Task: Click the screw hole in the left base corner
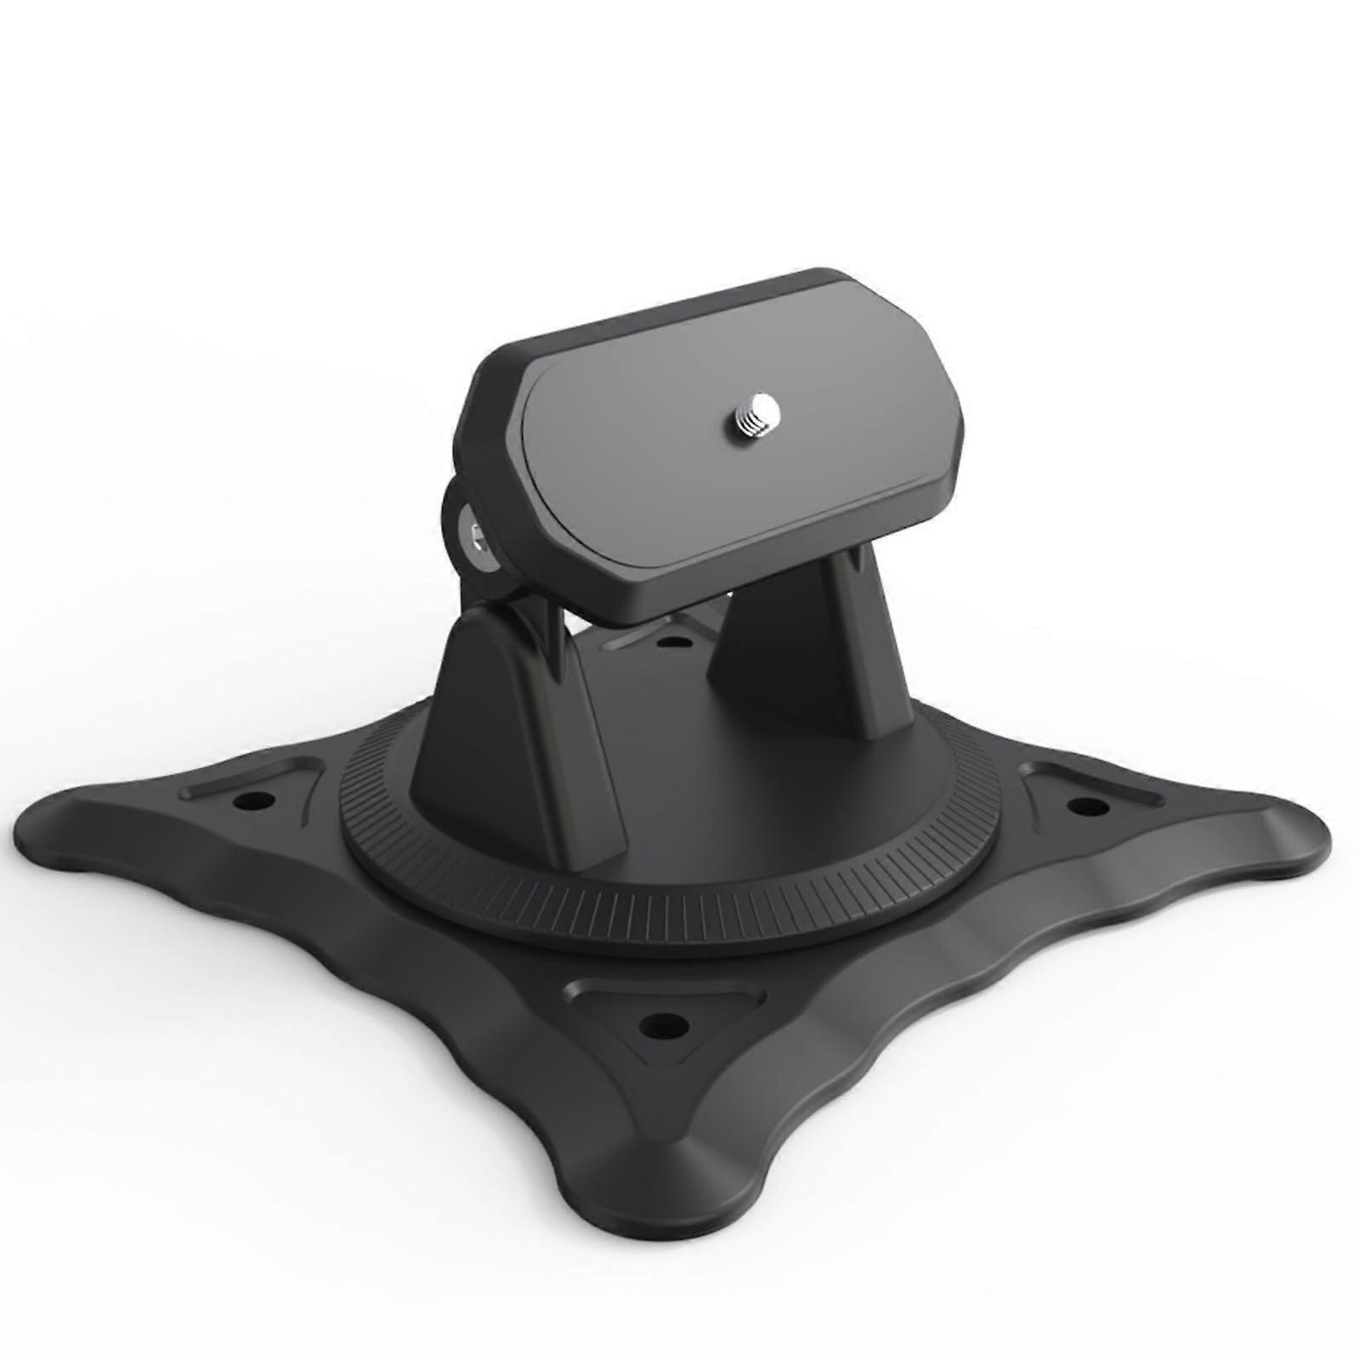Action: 251,801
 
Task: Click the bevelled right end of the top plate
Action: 952,442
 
